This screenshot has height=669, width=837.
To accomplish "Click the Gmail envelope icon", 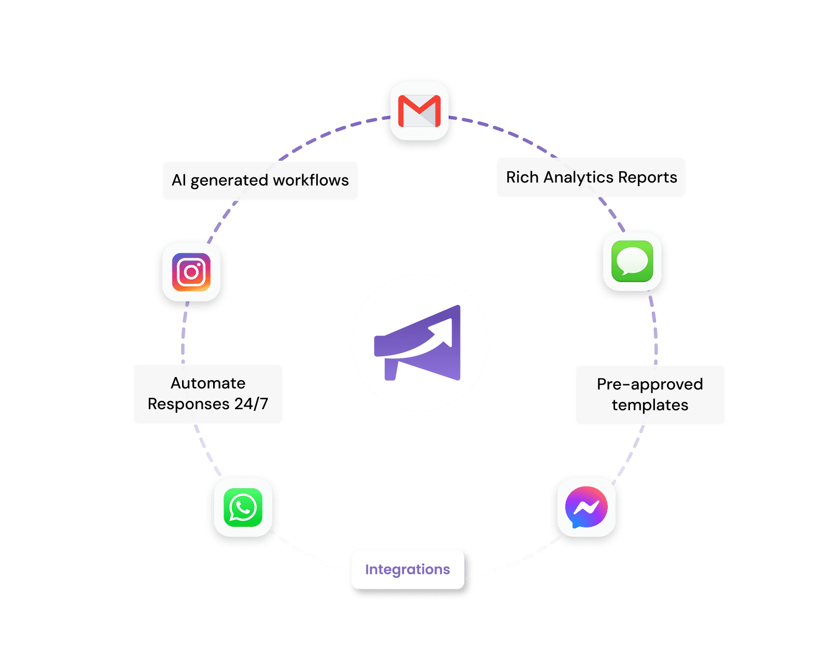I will tap(419, 111).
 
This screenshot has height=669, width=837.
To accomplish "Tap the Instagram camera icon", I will tap(191, 272).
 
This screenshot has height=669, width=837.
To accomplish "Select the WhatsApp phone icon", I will tap(243, 507).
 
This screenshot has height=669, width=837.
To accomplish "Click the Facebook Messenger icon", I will tap(586, 507).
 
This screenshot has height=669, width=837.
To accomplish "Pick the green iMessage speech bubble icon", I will tap(632, 261).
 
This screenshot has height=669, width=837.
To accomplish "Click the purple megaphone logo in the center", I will tap(420, 342).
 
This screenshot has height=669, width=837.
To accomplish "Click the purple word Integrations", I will tap(407, 569).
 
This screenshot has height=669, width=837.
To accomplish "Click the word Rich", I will tap(522, 177).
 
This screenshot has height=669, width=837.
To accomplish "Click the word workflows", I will tap(311, 180).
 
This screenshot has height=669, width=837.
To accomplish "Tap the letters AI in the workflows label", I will tap(178, 180).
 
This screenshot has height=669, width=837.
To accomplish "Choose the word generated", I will tap(229, 180).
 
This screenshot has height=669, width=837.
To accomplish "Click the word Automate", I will tap(208, 383).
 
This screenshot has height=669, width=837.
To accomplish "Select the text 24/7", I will tap(251, 404).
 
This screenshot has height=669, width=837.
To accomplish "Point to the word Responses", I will tap(188, 404).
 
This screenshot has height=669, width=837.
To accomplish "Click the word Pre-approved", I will tap(650, 384).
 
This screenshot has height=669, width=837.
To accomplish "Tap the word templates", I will tap(650, 405).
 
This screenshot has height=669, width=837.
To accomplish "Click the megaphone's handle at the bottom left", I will tap(390, 369).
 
